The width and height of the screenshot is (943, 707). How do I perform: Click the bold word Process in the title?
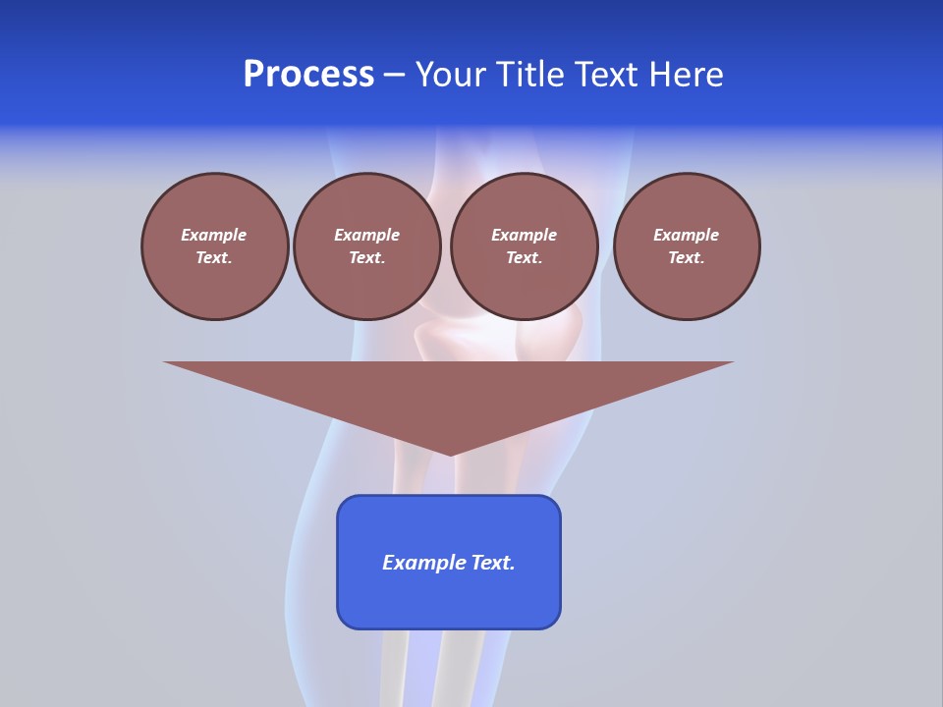pyautogui.click(x=308, y=75)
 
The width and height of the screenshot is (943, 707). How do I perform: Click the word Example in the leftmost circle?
pyautogui.click(x=213, y=235)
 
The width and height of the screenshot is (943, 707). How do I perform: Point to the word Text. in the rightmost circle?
pyautogui.click(x=687, y=257)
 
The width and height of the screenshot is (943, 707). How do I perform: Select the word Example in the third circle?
pyautogui.click(x=524, y=235)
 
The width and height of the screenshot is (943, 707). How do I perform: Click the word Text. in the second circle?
pyautogui.click(x=366, y=257)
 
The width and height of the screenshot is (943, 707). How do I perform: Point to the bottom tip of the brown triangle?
pyautogui.click(x=451, y=454)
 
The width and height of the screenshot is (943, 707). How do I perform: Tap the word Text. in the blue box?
pyautogui.click(x=494, y=563)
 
